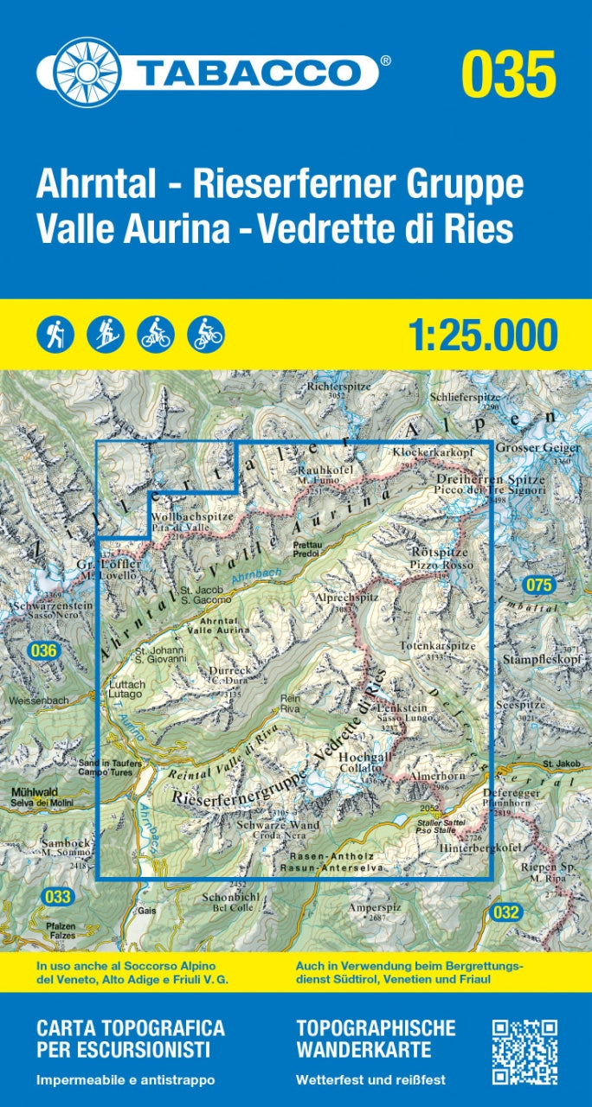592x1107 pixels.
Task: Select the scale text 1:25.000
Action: point(481,335)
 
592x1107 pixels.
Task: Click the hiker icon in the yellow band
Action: point(55,333)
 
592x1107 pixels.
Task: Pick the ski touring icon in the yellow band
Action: point(106,333)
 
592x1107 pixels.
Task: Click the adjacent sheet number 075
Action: point(538,585)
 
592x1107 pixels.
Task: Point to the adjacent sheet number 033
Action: point(57,897)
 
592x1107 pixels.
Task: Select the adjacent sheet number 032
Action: point(507,912)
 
